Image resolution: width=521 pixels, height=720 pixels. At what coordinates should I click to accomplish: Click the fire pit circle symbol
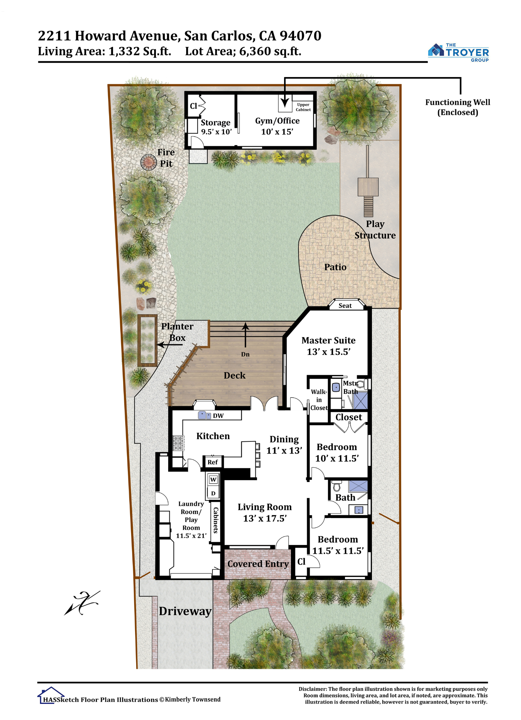click(x=148, y=162)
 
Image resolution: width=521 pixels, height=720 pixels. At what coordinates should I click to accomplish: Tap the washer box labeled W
click(x=213, y=480)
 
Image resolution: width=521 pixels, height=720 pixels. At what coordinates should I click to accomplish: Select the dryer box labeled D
click(x=213, y=493)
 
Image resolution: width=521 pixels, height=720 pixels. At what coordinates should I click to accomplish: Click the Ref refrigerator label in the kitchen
click(x=212, y=462)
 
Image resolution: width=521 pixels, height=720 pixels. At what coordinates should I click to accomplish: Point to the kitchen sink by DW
click(x=205, y=415)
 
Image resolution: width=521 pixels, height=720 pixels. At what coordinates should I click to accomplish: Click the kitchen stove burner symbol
click(x=178, y=443)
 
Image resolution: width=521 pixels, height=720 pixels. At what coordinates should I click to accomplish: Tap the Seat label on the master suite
click(x=345, y=306)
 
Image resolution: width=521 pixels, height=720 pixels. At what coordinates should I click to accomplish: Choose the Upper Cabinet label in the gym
click(x=303, y=107)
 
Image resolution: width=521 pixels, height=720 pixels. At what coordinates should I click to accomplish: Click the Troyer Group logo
click(x=458, y=53)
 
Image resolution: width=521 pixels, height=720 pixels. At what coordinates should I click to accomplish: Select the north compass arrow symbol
click(x=82, y=603)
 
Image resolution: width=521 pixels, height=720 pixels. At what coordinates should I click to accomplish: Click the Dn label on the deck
click(x=245, y=354)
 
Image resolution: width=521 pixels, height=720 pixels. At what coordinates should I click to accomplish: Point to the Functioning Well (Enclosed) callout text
click(x=458, y=107)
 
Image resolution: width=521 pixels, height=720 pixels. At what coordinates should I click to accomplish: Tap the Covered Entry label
click(x=258, y=564)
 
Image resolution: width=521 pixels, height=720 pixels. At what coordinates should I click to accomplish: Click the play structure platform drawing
click(x=368, y=187)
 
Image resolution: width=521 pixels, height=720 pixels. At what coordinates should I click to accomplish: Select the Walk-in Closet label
click(x=319, y=400)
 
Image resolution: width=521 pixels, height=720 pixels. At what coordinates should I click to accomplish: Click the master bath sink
click(x=336, y=387)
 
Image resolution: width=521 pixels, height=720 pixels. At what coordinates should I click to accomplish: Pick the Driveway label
click(x=185, y=611)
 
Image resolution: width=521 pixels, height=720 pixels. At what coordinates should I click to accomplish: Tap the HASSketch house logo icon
click(x=51, y=695)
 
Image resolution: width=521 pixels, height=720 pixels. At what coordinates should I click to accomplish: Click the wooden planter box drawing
click(x=148, y=341)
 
